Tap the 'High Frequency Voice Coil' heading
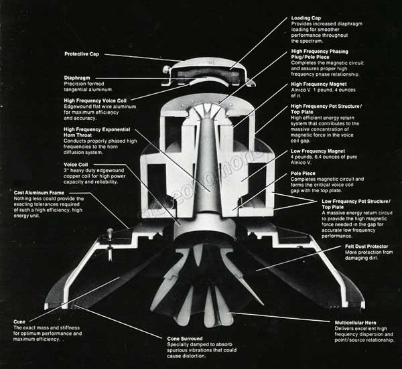[98, 100]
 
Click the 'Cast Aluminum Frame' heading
[43, 193]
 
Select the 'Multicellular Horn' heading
[362, 322]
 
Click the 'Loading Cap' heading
[310, 18]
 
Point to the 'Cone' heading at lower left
[20, 321]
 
